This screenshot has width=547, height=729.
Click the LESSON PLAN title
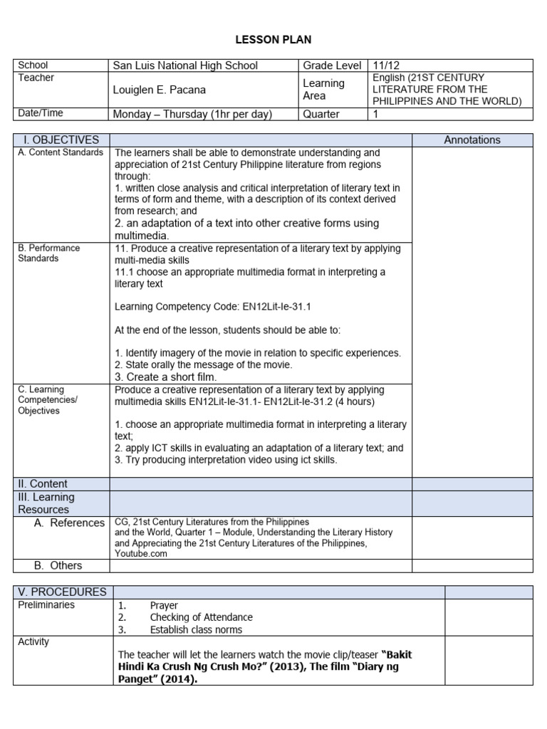[x=273, y=39]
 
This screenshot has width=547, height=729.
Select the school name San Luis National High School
[x=185, y=65]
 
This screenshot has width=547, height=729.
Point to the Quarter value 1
[x=376, y=114]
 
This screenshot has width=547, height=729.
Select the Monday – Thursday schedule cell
[x=192, y=114]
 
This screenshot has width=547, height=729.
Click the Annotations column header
[x=472, y=140]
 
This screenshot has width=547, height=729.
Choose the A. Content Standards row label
[x=61, y=152]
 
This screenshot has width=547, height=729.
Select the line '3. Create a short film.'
[x=165, y=377]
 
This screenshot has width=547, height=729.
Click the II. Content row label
[x=43, y=484]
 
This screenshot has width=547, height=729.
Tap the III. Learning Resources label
[x=46, y=503]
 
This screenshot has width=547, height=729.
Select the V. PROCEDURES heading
[x=62, y=592]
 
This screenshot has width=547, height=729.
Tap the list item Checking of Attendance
[x=201, y=617]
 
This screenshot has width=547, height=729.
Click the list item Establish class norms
[x=196, y=629]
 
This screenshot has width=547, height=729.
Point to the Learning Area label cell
[x=323, y=90]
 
